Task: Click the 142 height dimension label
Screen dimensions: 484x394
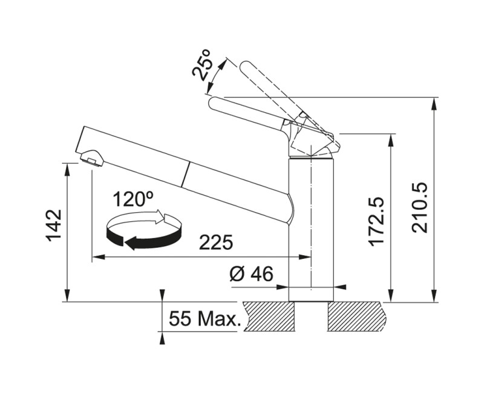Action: (54, 225)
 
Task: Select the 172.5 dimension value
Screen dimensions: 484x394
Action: (376, 221)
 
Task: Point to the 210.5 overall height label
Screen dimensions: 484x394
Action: (419, 207)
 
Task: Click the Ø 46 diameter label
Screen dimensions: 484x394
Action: (251, 274)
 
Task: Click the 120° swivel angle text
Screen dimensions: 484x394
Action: (132, 199)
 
